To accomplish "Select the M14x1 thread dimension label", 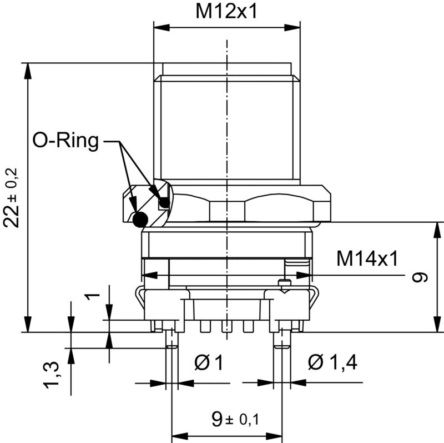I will pos(367,258).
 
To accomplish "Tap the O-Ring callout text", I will pos(65,141).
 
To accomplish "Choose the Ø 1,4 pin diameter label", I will pos(332,363).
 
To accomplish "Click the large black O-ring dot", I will pos(140,220).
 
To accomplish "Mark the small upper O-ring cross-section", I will pos(163,203).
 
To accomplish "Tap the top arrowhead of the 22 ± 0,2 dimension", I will pos(27,67).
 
